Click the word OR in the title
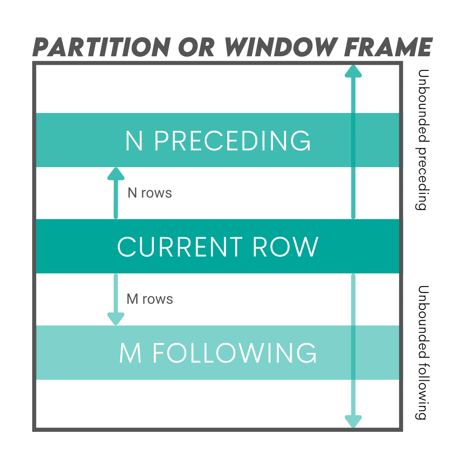coord(197,47)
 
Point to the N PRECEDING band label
coord(218,140)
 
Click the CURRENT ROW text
coord(218,247)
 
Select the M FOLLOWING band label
coord(218,353)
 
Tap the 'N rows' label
coord(150,193)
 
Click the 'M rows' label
coord(150,299)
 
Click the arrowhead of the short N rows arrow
coord(116,174)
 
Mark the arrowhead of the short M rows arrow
coord(116,319)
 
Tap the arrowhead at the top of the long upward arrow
coord(353,71)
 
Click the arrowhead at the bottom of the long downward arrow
coord(353,421)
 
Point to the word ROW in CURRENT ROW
coord(285,247)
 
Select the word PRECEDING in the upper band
coord(232,140)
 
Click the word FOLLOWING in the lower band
coord(235,353)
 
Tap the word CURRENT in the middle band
coord(180,247)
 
